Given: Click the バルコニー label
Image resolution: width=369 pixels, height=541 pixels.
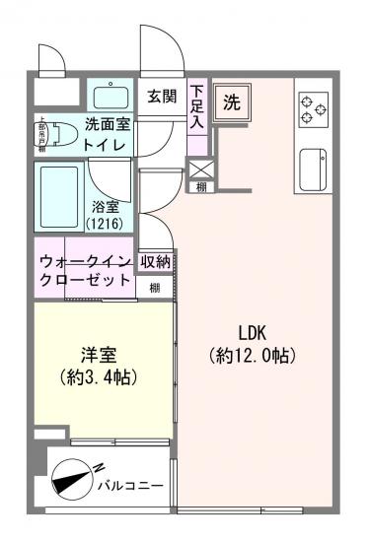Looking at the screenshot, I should coord(130,485).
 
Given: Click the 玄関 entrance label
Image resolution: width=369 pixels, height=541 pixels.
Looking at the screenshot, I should coord(162,97).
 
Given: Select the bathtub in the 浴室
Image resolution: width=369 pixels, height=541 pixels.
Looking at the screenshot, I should coord(60,196).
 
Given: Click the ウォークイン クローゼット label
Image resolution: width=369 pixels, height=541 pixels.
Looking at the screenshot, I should coord(85,270).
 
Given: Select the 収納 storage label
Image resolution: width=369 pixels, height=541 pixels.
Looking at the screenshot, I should coord(155,261).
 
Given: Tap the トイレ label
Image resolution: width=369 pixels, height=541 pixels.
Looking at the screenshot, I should coord(104,145).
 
